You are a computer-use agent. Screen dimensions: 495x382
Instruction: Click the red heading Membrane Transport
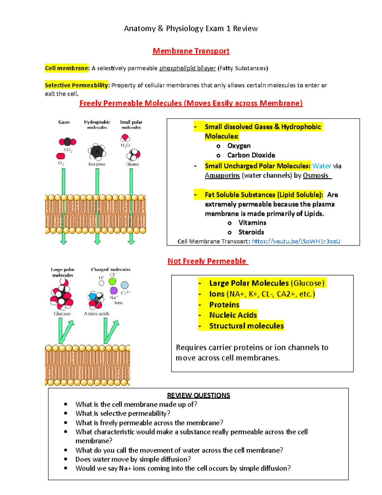coord(191,51)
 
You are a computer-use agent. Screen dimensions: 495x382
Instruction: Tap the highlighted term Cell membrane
coord(66,68)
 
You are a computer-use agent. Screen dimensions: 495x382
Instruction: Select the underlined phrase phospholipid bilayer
coord(187,68)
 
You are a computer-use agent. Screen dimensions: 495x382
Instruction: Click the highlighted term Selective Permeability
coord(76,85)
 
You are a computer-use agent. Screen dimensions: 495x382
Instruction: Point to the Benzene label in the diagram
coord(97,164)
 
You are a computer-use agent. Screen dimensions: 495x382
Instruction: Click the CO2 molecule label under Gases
coord(68,150)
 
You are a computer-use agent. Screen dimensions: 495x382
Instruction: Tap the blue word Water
coord(322,166)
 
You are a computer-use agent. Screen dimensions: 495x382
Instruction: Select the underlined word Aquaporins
coord(222,176)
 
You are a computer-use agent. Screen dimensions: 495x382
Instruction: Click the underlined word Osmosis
coord(316,176)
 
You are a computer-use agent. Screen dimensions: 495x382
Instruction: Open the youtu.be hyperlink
coord(296,241)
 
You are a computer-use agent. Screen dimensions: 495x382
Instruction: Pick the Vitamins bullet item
coord(252,223)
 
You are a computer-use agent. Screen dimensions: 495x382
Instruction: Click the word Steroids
coord(251,232)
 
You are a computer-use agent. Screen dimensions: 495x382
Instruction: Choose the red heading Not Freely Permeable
coord(207,261)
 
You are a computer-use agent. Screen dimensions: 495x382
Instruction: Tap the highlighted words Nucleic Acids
coord(233,315)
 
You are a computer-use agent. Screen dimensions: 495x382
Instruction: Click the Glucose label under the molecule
coord(62,314)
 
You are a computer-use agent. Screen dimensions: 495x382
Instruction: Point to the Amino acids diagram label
coord(96,314)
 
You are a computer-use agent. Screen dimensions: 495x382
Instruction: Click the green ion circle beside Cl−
coord(112,281)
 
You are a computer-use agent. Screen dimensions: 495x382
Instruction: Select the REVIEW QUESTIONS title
coord(198,396)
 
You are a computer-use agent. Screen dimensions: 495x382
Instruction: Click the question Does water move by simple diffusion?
coord(133,459)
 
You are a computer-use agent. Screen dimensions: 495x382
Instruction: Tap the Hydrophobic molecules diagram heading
coord(97,125)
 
